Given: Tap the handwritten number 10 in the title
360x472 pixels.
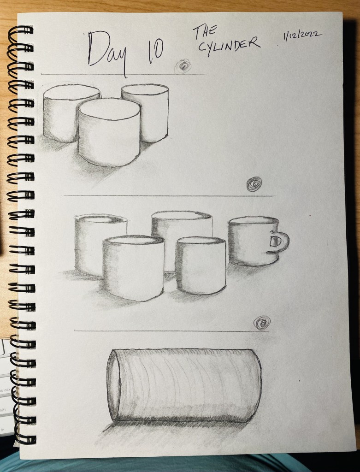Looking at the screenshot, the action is point(156,51).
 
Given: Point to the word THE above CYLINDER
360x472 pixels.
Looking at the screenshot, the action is point(205,32).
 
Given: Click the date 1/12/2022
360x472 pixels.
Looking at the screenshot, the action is point(302,35).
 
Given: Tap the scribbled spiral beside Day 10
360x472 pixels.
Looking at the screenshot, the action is point(183,66).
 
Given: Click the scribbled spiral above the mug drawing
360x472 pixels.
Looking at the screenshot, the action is point(254,184).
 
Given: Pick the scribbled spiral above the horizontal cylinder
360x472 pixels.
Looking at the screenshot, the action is point(262,323).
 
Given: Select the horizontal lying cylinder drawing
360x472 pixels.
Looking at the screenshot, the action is point(184,385).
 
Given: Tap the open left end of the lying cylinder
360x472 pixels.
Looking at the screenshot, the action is point(113,385).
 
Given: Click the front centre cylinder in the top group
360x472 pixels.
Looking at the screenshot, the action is point(109,132).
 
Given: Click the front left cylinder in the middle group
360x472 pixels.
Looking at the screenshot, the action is point(133,268).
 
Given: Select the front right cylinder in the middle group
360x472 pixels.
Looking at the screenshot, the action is point(201,265).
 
